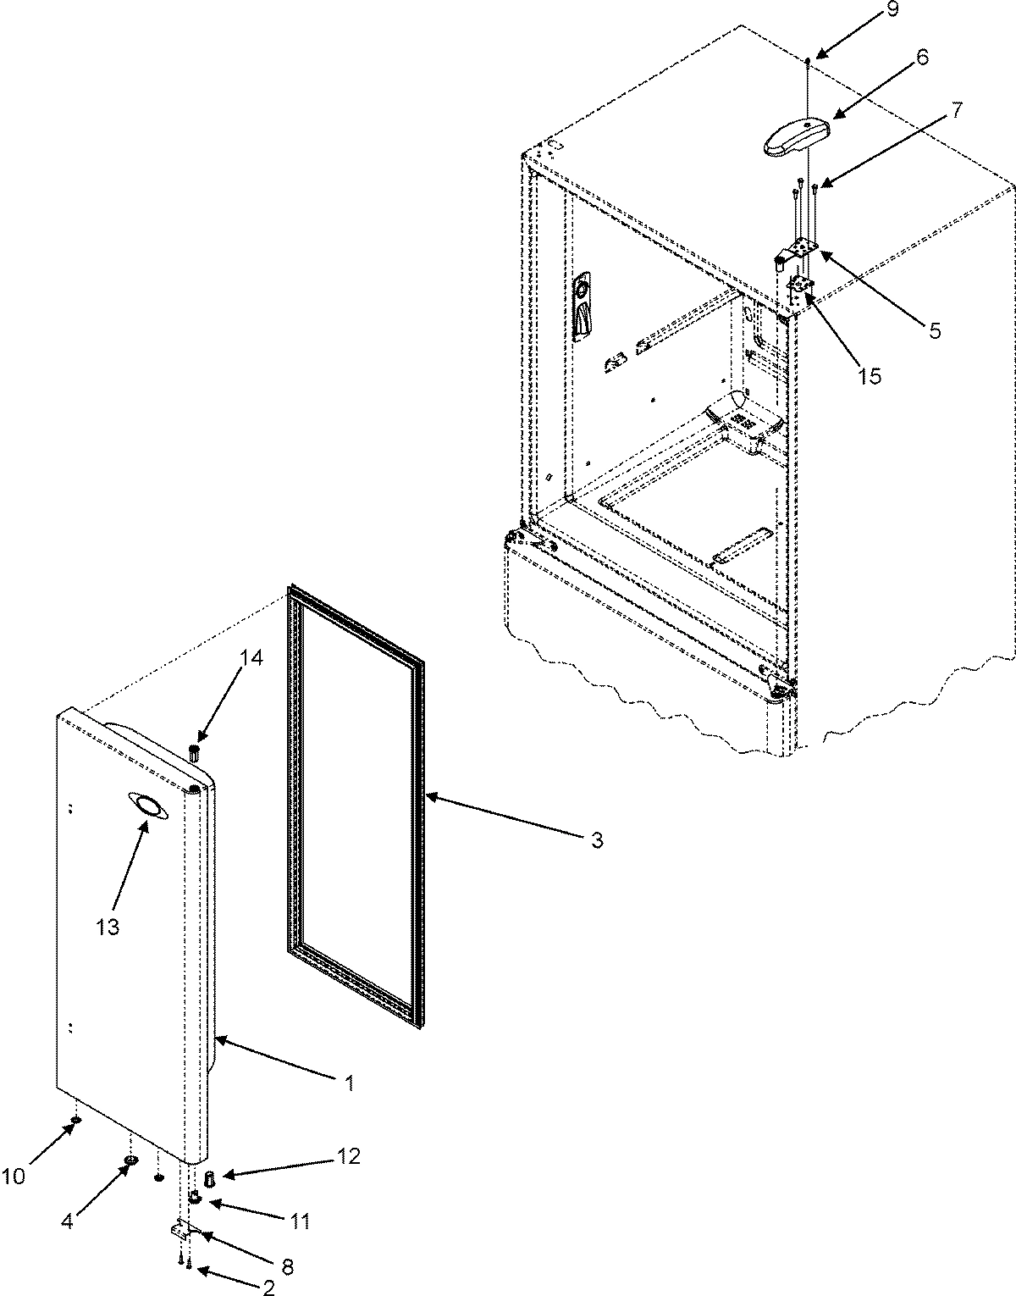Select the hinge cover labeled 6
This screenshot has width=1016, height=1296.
click(x=795, y=136)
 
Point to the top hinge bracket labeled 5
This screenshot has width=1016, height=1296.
click(x=800, y=251)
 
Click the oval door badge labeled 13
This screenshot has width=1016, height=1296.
click(x=146, y=806)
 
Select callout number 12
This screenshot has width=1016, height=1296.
click(x=349, y=1156)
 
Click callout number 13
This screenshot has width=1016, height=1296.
click(x=108, y=926)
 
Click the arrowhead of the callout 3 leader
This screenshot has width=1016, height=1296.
click(x=427, y=795)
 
